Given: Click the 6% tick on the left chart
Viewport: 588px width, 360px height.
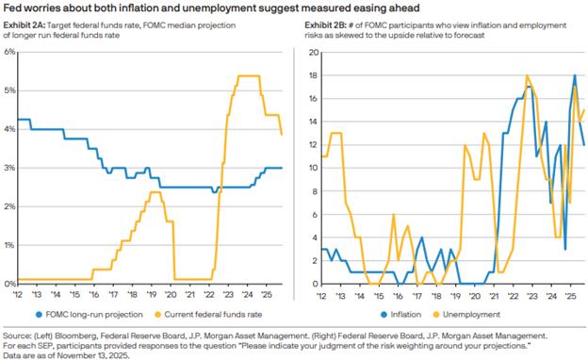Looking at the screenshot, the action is (9, 52).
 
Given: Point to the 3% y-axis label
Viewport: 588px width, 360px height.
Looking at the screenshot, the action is (9, 168).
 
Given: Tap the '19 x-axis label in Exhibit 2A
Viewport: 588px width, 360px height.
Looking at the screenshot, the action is (151, 294).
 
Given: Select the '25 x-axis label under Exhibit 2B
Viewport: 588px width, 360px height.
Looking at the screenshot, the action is (570, 296).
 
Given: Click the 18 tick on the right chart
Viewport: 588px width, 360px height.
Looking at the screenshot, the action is (314, 75).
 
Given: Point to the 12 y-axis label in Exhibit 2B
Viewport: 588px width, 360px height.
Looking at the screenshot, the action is (314, 145).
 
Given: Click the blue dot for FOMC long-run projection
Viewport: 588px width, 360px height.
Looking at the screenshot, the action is (39, 315).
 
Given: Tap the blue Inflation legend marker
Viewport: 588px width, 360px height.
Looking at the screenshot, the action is (384, 315).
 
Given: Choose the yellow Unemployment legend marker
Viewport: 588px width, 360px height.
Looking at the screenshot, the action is (436, 315).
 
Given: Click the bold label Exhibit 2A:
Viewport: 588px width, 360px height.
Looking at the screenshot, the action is (24, 25).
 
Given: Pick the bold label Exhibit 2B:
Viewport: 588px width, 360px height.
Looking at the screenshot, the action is (326, 25).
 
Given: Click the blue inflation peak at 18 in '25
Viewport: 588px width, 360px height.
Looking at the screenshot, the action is (575, 75).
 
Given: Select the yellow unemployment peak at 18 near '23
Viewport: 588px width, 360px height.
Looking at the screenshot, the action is (528, 75).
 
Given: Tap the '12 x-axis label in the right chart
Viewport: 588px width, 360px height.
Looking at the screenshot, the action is (321, 296).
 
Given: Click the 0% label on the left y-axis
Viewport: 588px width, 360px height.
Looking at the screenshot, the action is (9, 284).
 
